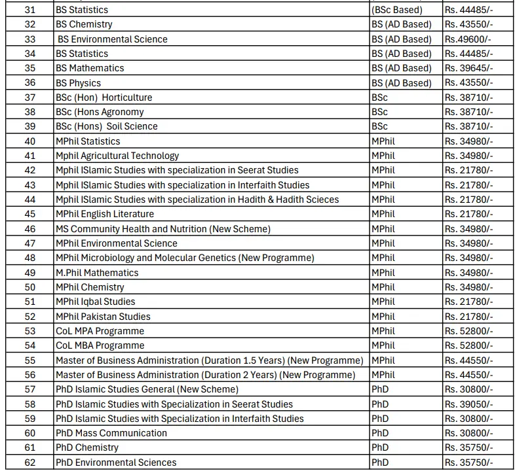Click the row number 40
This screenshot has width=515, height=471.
tap(29, 141)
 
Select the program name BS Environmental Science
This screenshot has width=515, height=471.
tap(112, 39)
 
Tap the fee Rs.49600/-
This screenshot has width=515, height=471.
tap(468, 39)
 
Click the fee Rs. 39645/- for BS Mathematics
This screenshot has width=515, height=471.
tap(468, 68)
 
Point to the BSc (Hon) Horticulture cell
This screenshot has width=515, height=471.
tap(104, 97)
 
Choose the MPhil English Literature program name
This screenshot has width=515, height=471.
tap(105, 214)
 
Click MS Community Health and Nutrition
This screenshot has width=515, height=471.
tap(162, 229)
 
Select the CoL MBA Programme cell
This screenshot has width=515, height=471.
tap(100, 345)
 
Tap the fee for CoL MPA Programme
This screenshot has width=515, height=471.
tap(468, 331)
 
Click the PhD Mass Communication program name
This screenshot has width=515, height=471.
tap(111, 433)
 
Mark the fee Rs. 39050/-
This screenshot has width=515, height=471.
tap(468, 404)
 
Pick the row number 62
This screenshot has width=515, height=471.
tap(29, 462)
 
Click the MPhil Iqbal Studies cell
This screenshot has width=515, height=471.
tap(95, 302)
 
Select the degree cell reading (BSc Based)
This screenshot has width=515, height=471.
tap(397, 10)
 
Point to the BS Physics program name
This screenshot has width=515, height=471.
tap(78, 83)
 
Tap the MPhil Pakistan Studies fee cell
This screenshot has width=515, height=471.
tap(468, 317)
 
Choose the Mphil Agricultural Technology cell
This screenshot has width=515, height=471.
tap(117, 156)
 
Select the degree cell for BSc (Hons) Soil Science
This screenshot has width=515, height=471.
tap(379, 126)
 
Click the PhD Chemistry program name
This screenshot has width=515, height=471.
tap(86, 447)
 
